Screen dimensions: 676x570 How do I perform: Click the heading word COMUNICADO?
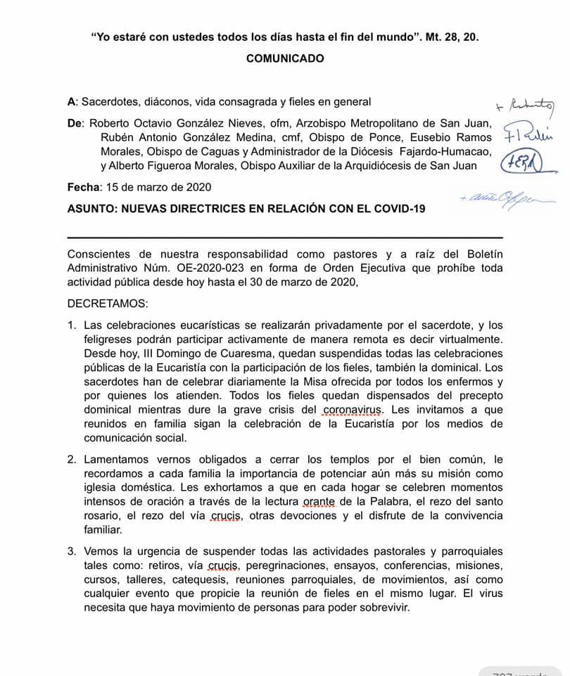point(285,59)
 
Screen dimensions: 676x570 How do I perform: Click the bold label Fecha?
point(83,187)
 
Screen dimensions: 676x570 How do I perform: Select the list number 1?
point(72,325)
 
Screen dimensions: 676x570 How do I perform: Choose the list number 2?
point(72,459)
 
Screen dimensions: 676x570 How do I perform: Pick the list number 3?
point(72,552)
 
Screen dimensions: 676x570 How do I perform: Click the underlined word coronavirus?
point(350,410)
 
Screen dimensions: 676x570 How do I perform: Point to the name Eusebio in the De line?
point(446,137)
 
